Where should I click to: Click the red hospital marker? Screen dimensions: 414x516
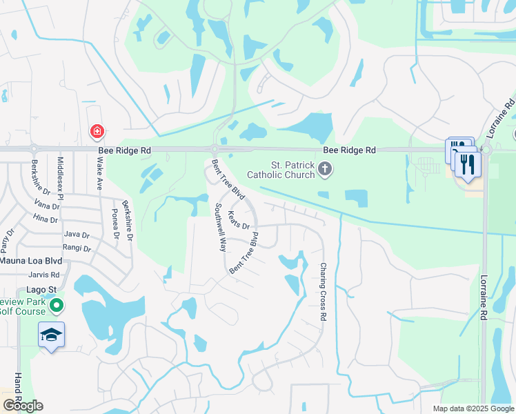[x=97, y=130]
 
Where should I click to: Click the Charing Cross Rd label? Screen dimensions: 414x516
[x=323, y=291]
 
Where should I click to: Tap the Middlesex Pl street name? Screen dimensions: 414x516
[x=61, y=177]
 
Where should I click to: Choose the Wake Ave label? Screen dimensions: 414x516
[x=99, y=173]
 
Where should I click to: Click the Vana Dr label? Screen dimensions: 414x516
[x=46, y=206]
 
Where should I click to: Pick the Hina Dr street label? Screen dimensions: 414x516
[x=46, y=219]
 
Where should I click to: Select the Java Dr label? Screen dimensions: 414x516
[x=76, y=235]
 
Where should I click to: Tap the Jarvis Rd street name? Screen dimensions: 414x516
[x=46, y=275]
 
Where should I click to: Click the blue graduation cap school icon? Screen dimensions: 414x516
[x=51, y=335]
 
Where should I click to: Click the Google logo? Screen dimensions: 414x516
[x=22, y=406]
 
